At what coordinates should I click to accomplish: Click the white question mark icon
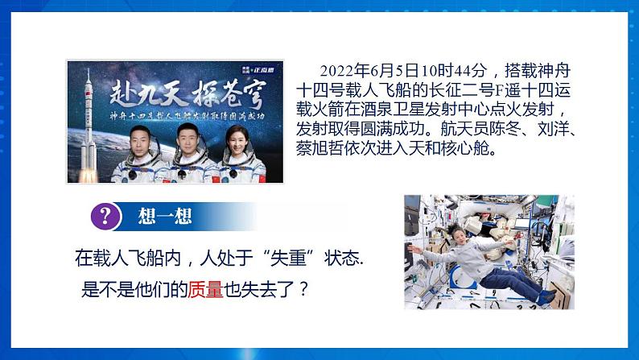(104, 217)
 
